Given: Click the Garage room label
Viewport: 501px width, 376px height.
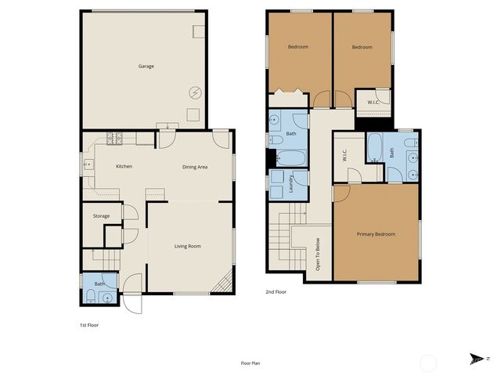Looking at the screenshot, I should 146,66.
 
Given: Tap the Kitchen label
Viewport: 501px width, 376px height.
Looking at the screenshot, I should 124,166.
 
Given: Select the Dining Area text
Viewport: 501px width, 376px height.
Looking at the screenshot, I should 195,166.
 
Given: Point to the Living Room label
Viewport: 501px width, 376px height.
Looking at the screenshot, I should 188,246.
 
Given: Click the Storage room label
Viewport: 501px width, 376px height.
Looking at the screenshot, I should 101,215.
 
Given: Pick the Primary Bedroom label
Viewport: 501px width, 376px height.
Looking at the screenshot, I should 376,234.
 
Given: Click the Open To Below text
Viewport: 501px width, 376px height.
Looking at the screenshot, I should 318,255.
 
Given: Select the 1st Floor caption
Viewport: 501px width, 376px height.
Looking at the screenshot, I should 88,324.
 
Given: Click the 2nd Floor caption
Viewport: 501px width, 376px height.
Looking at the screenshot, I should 276,291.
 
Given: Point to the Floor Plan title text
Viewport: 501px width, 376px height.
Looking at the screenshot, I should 251,363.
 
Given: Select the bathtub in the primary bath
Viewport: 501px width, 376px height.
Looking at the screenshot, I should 374,146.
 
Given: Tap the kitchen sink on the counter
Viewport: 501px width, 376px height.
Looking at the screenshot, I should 88,165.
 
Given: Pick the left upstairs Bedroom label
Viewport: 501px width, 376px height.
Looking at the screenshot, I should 297,47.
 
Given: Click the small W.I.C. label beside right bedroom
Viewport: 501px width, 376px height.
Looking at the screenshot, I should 373,101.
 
